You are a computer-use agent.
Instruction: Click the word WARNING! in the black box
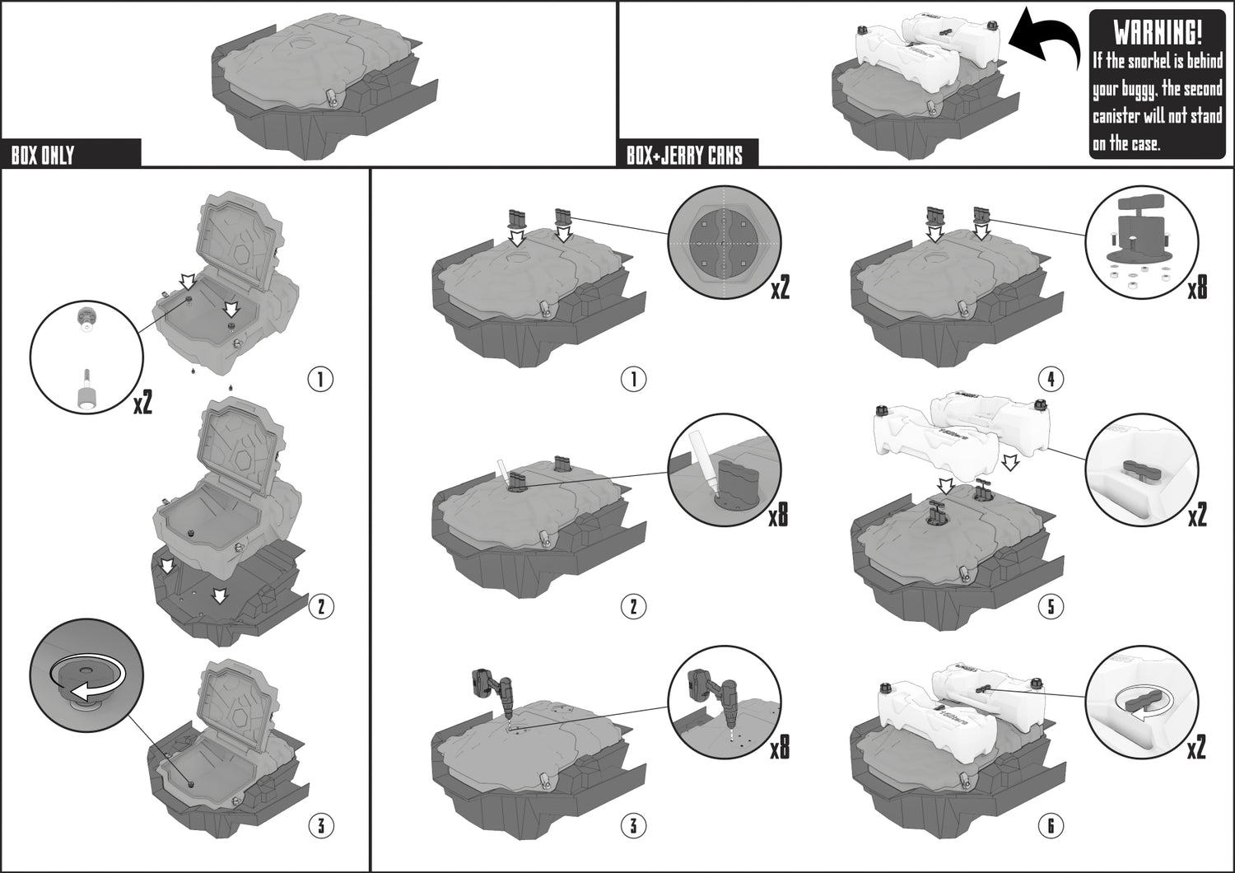click(1158, 33)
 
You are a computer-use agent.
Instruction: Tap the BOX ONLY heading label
click(43, 156)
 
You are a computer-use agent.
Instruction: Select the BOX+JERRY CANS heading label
click(684, 156)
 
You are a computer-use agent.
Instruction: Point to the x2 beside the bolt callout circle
click(142, 404)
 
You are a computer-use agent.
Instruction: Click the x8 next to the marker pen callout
click(779, 516)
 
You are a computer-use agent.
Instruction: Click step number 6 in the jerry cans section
click(1051, 825)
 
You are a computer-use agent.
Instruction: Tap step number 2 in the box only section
click(321, 607)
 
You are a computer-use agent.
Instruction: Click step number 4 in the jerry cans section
click(1051, 380)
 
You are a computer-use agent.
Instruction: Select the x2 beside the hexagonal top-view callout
click(780, 288)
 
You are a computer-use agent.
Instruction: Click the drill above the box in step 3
click(492, 696)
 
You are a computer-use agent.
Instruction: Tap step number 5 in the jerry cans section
click(1051, 607)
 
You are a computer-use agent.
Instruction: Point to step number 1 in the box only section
click(320, 380)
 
